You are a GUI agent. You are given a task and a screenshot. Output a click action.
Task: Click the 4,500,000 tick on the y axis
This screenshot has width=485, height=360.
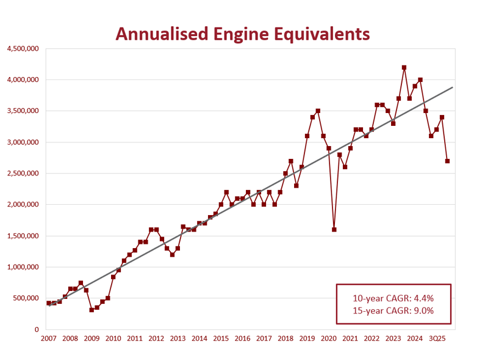pos(22,48)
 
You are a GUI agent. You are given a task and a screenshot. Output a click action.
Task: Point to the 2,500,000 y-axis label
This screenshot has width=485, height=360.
pos(22,174)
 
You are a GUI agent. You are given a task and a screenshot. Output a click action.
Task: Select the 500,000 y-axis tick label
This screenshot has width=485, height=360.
pos(26,298)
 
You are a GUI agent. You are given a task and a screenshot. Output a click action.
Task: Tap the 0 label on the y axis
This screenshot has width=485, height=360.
pos(37,329)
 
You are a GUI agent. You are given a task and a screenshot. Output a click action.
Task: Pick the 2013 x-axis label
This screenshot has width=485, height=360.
pos(178,339)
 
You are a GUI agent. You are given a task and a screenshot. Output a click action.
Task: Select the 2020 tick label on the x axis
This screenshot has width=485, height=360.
pos(329,339)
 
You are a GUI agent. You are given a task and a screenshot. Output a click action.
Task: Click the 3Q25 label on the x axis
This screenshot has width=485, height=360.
pos(437,339)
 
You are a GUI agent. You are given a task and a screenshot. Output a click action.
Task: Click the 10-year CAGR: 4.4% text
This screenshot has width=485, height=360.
pos(393,298)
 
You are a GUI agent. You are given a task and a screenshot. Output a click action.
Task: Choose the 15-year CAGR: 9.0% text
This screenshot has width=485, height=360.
pos(393,310)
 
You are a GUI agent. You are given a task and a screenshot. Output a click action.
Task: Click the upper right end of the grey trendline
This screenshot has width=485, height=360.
pos(453,87)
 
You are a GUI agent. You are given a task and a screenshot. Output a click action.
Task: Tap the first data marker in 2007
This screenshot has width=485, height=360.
pos(49,303)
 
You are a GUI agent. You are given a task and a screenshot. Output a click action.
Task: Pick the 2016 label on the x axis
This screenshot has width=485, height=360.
pos(242,339)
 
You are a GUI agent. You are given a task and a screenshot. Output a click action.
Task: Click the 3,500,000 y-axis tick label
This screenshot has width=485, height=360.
pos(22,111)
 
